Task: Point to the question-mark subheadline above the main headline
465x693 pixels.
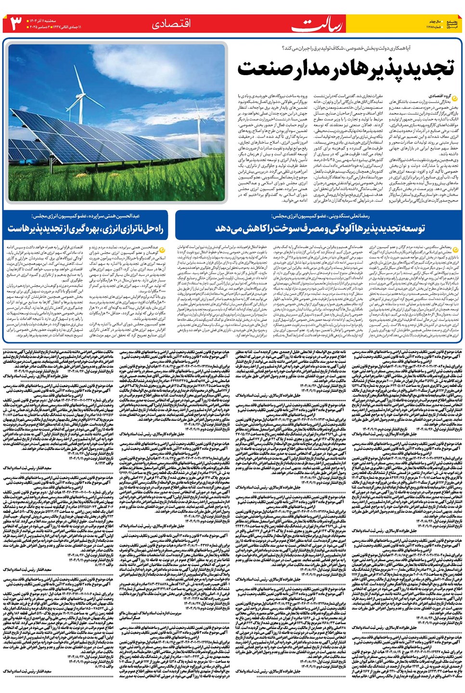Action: (368, 48)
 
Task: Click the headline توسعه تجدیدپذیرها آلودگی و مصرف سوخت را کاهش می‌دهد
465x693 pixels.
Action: (320, 228)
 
